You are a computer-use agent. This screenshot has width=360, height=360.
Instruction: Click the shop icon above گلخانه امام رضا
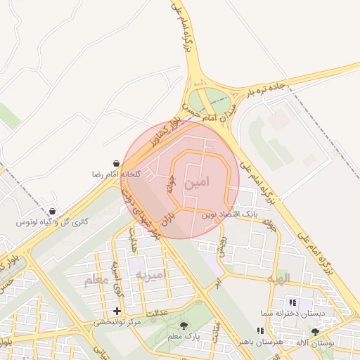(x=116, y=162)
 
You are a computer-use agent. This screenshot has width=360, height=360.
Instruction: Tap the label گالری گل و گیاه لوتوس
(x=53, y=222)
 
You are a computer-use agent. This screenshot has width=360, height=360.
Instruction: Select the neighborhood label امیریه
(x=150, y=274)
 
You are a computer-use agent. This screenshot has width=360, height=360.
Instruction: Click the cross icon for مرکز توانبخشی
(x=117, y=311)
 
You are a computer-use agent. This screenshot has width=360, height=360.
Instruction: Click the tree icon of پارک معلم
(x=184, y=326)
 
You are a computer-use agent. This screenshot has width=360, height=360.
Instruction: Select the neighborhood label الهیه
(x=278, y=279)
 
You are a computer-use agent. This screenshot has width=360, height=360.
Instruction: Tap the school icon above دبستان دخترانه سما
(x=292, y=302)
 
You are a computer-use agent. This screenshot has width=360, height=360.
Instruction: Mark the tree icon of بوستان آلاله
(x=314, y=330)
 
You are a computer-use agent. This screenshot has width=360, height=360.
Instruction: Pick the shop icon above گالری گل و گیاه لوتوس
(x=53, y=211)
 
